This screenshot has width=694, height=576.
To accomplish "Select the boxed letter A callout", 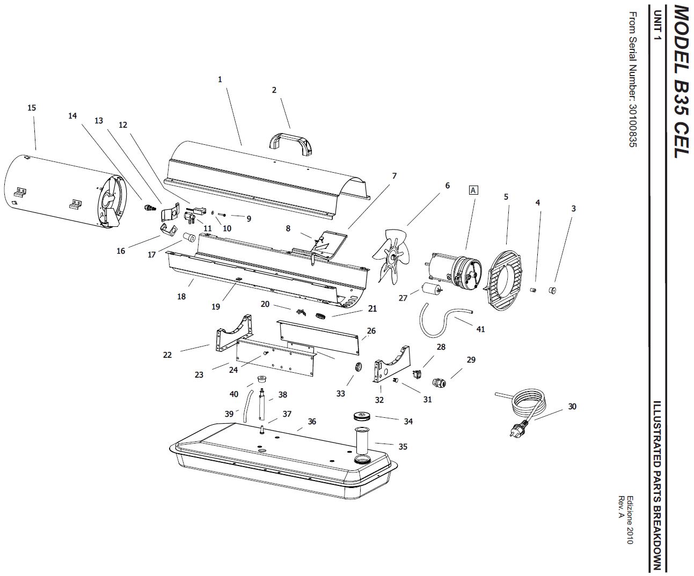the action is [x=473, y=190].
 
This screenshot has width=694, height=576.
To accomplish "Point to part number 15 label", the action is [x=32, y=108].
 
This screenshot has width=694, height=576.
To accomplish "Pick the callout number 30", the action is [x=572, y=406].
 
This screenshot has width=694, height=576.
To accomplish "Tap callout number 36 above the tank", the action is [x=312, y=422].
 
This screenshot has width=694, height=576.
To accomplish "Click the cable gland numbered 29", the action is [x=439, y=383].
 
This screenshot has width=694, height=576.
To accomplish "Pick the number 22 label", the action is [x=167, y=355].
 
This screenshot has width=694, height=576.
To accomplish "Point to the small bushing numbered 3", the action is [x=552, y=290].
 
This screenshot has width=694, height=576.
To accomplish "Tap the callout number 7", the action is [x=394, y=176].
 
